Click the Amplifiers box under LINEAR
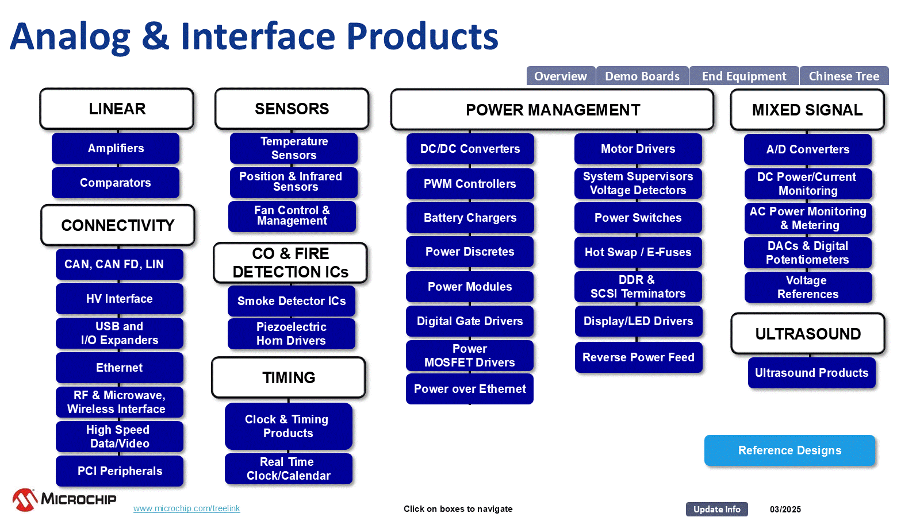tap(116, 148)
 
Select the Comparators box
tap(116, 183)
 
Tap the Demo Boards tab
tap(642, 76)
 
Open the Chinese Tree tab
tap(844, 76)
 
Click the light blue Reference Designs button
tap(789, 450)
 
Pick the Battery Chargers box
tap(470, 218)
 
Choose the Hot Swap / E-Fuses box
tap(638, 252)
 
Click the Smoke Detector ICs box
tap(291, 301)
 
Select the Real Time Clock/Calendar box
tap(288, 469)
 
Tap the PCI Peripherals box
tap(120, 471)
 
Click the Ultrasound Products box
tap(811, 373)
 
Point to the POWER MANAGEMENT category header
tap(553, 110)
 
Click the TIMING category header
tap(289, 377)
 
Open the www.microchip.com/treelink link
tap(186, 508)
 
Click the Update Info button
tap(716, 509)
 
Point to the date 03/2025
tap(785, 509)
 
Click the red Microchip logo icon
tap(25, 499)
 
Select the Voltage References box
tap(808, 287)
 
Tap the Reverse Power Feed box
tap(638, 357)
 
